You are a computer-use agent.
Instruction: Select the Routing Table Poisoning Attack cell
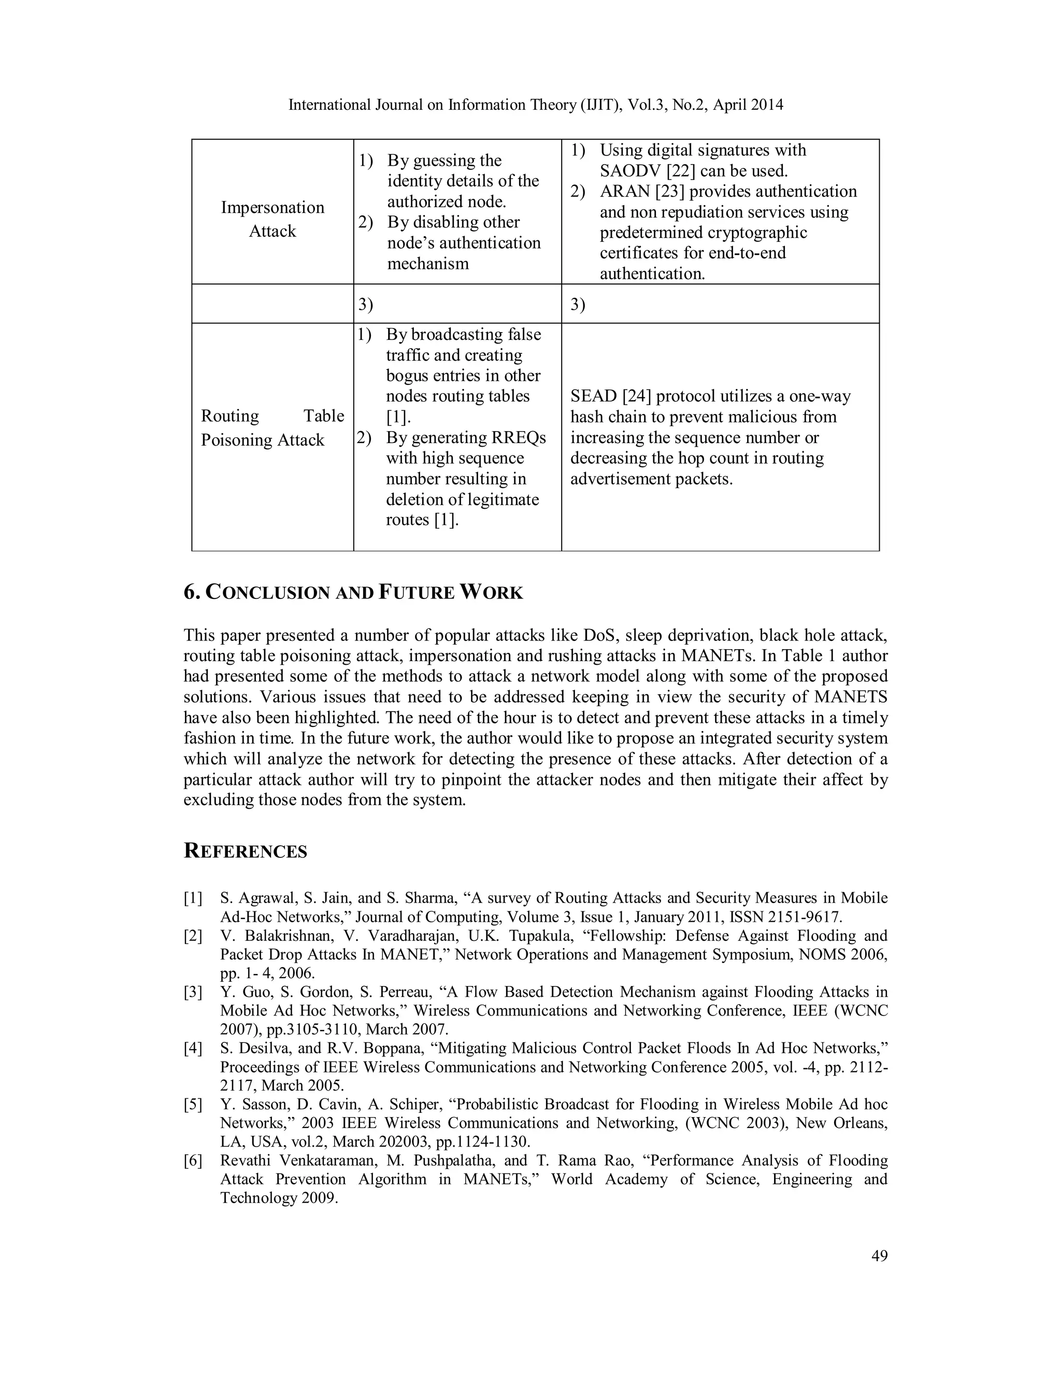272,427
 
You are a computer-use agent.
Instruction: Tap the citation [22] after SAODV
684,170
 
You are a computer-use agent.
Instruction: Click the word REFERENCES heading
245,851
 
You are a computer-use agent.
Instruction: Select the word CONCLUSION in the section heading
267,592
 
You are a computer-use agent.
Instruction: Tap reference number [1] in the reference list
193,898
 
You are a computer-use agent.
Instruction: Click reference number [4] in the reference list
193,1048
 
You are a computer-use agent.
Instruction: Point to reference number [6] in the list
193,1161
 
